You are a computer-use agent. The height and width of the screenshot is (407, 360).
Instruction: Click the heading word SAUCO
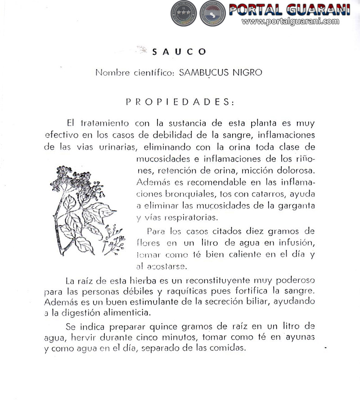click(x=179, y=52)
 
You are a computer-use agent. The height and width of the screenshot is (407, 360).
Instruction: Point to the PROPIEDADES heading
click(x=180, y=102)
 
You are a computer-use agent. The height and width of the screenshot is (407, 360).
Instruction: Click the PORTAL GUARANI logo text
click(x=289, y=9)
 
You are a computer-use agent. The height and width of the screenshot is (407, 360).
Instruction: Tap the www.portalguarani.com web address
click(x=290, y=21)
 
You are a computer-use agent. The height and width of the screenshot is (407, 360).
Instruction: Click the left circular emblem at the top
click(x=184, y=13)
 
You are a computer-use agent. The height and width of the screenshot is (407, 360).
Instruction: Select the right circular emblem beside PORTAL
click(x=213, y=13)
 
